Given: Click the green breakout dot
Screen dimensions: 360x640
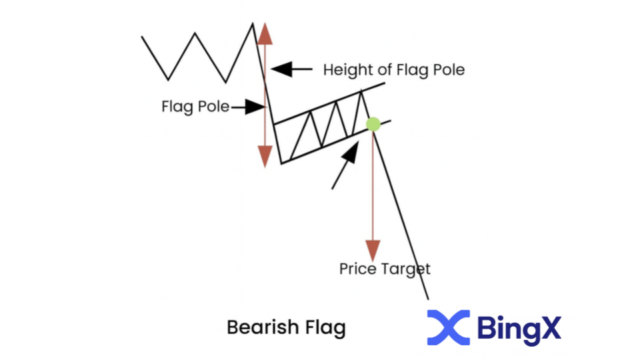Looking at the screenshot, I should [x=373, y=124].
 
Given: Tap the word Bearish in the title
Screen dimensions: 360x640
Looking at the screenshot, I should [x=255, y=328].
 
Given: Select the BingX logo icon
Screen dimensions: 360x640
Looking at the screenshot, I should [x=448, y=327].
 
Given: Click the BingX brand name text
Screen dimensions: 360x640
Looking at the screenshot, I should [x=519, y=327].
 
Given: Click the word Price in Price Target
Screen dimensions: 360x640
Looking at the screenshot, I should [x=358, y=269].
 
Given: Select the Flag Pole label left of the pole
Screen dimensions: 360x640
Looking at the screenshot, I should [x=195, y=107].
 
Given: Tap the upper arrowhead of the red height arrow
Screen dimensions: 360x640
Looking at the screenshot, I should [x=265, y=32].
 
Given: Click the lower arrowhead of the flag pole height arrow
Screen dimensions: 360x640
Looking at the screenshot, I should [x=265, y=157].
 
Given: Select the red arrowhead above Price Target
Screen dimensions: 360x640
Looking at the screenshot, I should [x=373, y=251].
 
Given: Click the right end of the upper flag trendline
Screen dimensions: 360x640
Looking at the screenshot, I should [x=384, y=83].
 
